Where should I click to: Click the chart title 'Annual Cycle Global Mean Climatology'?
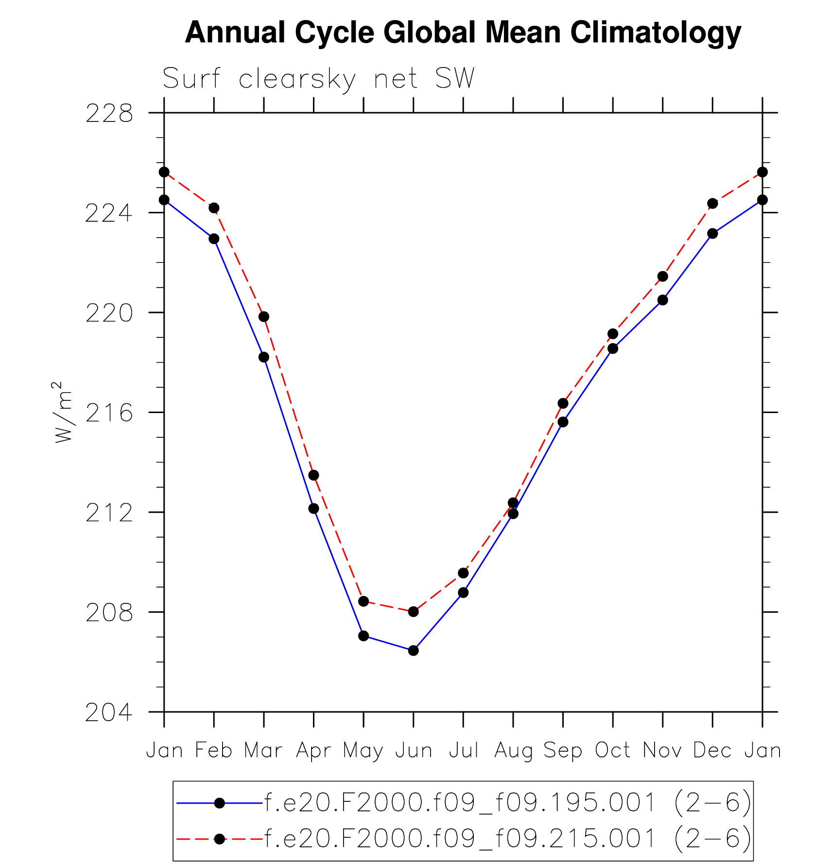pyautogui.click(x=463, y=33)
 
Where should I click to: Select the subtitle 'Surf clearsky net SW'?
pyautogui.click(x=318, y=79)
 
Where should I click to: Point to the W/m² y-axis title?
pyautogui.click(x=63, y=412)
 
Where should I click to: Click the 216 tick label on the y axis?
pyautogui.click(x=109, y=413)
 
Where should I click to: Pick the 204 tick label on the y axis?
pyautogui.click(x=109, y=713)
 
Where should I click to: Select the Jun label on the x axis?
pyautogui.click(x=414, y=751)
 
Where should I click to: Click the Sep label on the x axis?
pyautogui.click(x=563, y=751)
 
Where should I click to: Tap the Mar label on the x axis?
pyautogui.click(x=263, y=751)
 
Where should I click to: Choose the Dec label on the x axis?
pyautogui.click(x=712, y=751)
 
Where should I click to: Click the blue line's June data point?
pyautogui.click(x=414, y=650)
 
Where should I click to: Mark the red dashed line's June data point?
pyautogui.click(x=414, y=611)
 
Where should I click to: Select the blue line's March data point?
pyautogui.click(x=264, y=357)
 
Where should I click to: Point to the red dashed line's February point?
pyautogui.click(x=214, y=208)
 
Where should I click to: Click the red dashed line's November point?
pyautogui.click(x=663, y=276)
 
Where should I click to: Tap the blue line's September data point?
pyautogui.click(x=563, y=422)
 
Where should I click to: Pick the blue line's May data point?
pyautogui.click(x=364, y=636)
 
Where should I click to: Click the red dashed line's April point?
pyautogui.click(x=313, y=475)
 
